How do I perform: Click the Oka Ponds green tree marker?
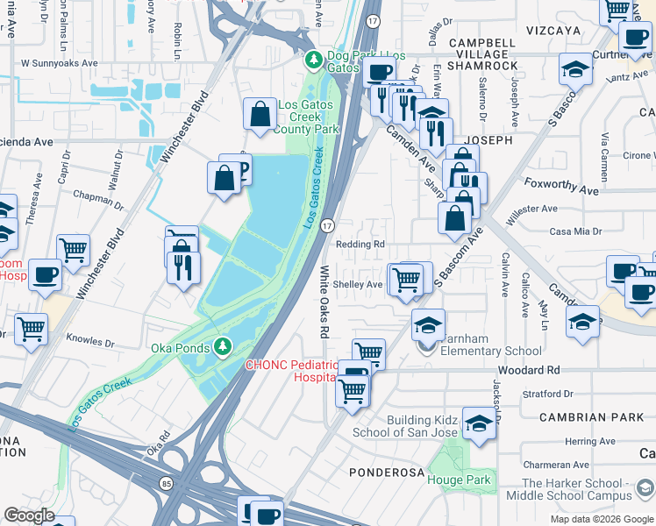[224, 346]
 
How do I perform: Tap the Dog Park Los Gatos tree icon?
[314, 60]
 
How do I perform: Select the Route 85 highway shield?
[166, 482]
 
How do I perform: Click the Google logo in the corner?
[29, 515]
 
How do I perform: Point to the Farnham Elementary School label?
[491, 352]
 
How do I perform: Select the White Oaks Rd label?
[323, 302]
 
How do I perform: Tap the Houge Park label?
[459, 480]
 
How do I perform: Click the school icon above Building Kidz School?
[480, 423]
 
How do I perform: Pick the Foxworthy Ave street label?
[560, 187]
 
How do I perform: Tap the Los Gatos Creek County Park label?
[308, 117]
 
